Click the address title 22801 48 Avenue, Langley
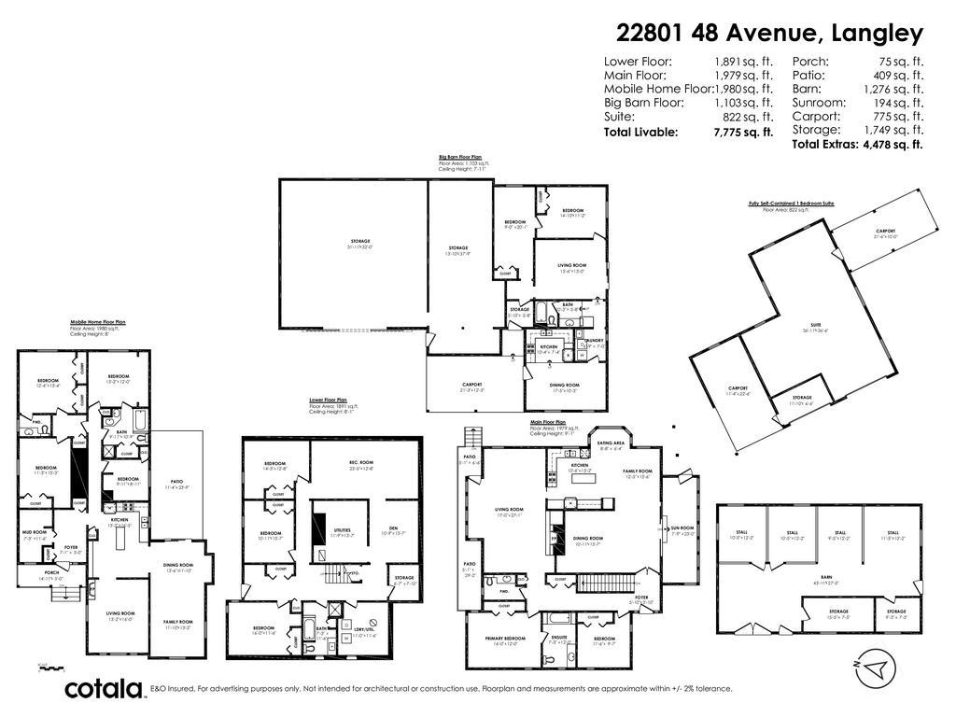[x=769, y=34]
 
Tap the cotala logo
[x=104, y=689]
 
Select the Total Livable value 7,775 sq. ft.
[x=743, y=133]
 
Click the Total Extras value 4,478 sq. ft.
[x=891, y=145]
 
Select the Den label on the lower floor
[x=393, y=529]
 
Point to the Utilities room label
[x=343, y=531]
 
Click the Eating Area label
[x=612, y=445]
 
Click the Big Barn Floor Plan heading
[x=460, y=157]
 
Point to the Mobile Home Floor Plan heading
[x=97, y=322]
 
